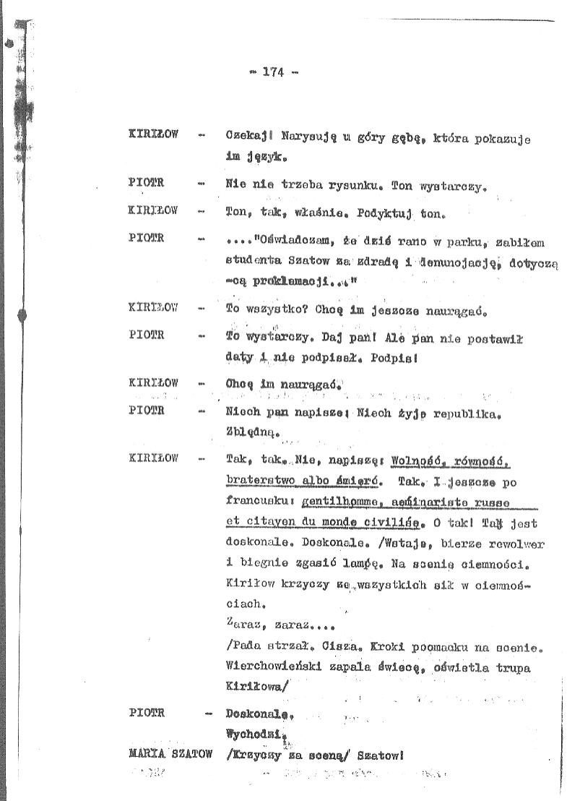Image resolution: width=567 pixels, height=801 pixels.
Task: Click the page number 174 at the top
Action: click(274, 72)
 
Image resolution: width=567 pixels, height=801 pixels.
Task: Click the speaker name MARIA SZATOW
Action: click(170, 754)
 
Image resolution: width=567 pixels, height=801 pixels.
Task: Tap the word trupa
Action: click(514, 668)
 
